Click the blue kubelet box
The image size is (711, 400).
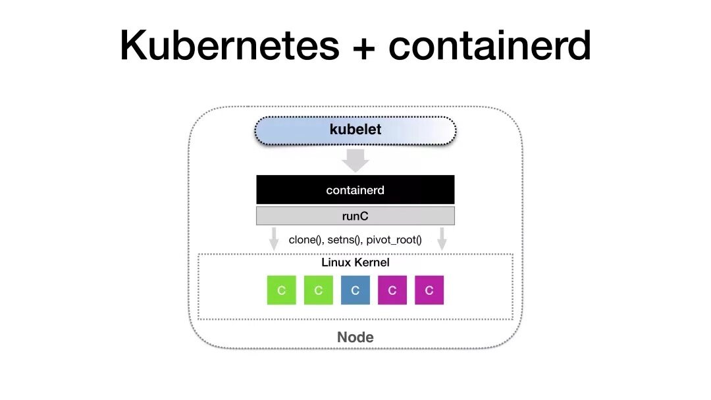click(355, 130)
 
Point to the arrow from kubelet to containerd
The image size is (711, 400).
click(355, 160)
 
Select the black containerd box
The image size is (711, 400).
click(355, 190)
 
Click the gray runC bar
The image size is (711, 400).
click(355, 216)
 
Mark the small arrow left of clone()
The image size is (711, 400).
click(274, 239)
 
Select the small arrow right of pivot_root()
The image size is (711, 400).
click(442, 239)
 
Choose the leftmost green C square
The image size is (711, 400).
click(281, 290)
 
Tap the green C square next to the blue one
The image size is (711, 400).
click(319, 290)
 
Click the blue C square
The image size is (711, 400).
click(355, 290)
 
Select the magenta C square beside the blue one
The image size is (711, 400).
click(392, 290)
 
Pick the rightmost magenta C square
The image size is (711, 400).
click(429, 290)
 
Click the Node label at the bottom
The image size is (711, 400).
click(355, 337)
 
